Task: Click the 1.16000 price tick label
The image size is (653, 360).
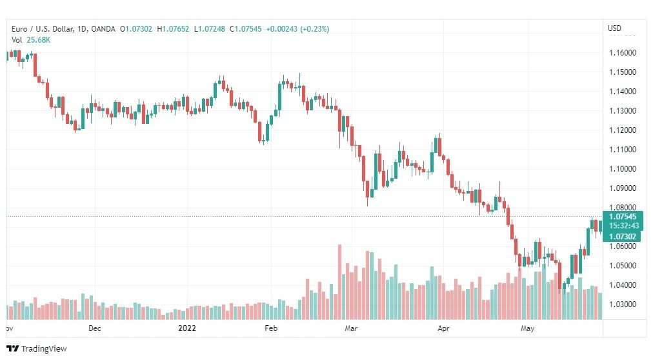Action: pyautogui.click(x=623, y=53)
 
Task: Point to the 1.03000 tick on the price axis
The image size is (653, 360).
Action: pyautogui.click(x=623, y=305)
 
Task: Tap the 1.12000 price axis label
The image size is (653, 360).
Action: pyautogui.click(x=623, y=130)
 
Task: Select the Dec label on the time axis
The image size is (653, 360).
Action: pyautogui.click(x=95, y=328)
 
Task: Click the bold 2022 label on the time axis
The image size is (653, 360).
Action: pyautogui.click(x=187, y=328)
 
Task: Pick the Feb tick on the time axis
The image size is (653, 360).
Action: pyautogui.click(x=271, y=328)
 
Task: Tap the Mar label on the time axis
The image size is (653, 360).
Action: pyautogui.click(x=351, y=328)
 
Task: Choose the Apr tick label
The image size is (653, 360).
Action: pyautogui.click(x=443, y=328)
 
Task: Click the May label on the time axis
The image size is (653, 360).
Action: pyautogui.click(x=527, y=328)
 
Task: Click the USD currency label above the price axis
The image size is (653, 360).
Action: pyautogui.click(x=615, y=28)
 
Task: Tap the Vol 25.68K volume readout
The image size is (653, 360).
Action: pyautogui.click(x=31, y=40)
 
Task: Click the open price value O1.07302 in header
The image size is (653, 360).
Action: pyautogui.click(x=136, y=29)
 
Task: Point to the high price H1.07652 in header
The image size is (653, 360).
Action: pyautogui.click(x=173, y=29)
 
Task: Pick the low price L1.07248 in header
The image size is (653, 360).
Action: pyautogui.click(x=210, y=29)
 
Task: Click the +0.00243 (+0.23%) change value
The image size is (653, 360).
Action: pyautogui.click(x=297, y=29)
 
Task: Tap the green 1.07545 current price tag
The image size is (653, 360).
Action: pyautogui.click(x=623, y=216)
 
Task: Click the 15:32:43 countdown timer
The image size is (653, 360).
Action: pyautogui.click(x=623, y=226)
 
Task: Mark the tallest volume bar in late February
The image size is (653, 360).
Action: pyautogui.click(x=339, y=282)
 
